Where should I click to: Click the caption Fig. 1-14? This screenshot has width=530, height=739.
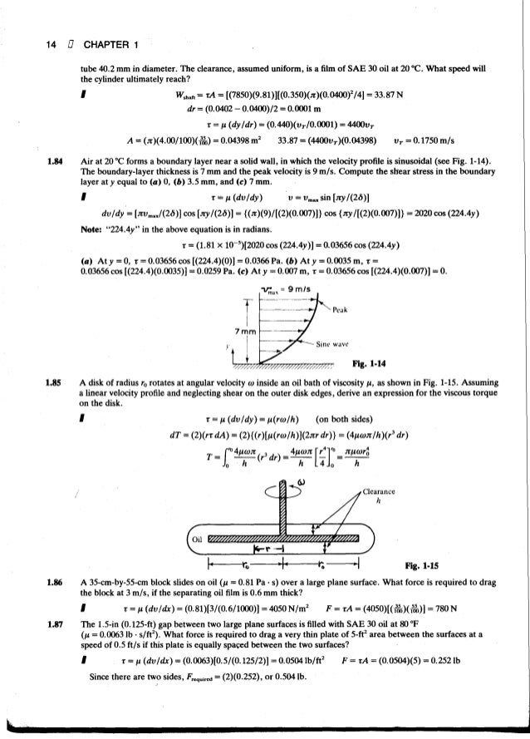pos(379,363)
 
